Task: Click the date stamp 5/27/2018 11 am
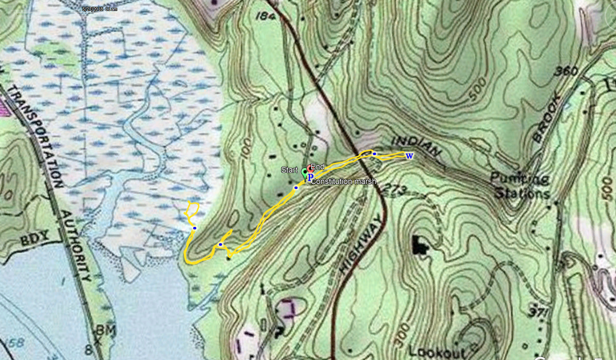click(x=100, y=9)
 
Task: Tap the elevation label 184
click(x=265, y=16)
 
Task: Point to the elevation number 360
click(x=566, y=71)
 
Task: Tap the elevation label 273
click(x=395, y=189)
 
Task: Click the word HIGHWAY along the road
click(x=362, y=245)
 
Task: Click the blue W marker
click(x=409, y=156)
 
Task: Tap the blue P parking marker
click(x=310, y=177)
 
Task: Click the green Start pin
click(x=304, y=173)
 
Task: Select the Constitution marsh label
click(x=343, y=182)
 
